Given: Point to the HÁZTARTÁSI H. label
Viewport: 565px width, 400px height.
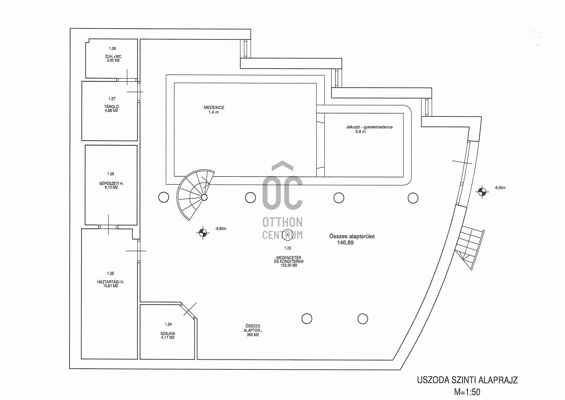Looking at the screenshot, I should pyautogui.click(x=110, y=282).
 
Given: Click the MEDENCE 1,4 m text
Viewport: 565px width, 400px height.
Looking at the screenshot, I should pyautogui.click(x=214, y=110).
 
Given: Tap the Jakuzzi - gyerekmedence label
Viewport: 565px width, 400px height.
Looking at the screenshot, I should pyautogui.click(x=369, y=127).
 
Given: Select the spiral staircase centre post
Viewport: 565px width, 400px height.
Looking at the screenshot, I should pyautogui.click(x=204, y=197).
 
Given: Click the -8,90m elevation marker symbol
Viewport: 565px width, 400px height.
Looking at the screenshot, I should pyautogui.click(x=203, y=232).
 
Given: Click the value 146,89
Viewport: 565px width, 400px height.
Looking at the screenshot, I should pyautogui.click(x=345, y=243).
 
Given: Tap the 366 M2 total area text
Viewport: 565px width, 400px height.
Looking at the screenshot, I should pyautogui.click(x=253, y=335).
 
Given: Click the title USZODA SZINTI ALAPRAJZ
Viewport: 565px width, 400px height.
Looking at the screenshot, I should pyautogui.click(x=467, y=380).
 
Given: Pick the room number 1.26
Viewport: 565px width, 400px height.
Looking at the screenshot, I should pyautogui.click(x=110, y=174).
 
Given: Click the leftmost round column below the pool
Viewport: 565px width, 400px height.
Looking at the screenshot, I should pyautogui.click(x=164, y=197).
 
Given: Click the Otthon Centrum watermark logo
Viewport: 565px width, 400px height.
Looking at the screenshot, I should pyautogui.click(x=282, y=200).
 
